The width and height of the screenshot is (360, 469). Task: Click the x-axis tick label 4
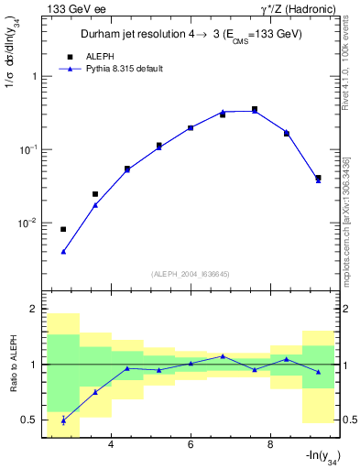[x=111, y=445]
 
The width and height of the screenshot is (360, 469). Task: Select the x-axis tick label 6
[x=191, y=445]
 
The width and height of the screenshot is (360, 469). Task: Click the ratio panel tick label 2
[x=34, y=310]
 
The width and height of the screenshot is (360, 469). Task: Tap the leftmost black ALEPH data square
[x=63, y=229]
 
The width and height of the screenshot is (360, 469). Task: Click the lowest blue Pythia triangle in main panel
[x=63, y=251]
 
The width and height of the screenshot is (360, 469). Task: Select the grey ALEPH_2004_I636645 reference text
[x=191, y=274]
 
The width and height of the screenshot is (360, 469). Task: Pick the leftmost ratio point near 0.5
[x=63, y=420]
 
